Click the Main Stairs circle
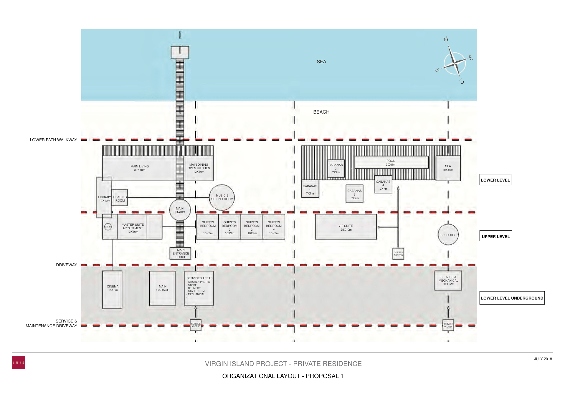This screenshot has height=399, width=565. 180,210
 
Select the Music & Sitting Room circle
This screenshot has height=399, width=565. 222,197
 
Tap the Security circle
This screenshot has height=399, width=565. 448,235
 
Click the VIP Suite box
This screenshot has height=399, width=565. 346,227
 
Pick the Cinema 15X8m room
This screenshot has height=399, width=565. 112,290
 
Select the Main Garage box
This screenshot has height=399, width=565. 162,288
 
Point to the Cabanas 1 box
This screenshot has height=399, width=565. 310,189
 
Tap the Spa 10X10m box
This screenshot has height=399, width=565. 448,168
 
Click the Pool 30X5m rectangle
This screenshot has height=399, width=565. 391,163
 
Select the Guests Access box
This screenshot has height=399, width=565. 398,254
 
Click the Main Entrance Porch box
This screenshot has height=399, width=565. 181,253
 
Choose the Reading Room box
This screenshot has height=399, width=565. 120,198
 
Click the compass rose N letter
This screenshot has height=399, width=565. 446,39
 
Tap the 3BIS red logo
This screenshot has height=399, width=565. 18,363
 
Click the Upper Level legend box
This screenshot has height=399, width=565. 495,236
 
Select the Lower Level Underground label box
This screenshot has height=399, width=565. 512,298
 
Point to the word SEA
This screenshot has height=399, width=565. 321,62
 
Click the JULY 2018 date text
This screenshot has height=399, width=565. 543,359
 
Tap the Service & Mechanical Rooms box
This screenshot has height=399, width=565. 448,281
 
